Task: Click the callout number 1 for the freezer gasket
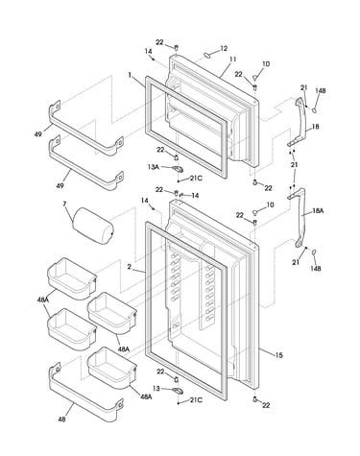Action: click(x=130, y=75)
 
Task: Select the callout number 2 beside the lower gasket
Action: click(x=129, y=267)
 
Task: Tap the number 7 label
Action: click(x=65, y=203)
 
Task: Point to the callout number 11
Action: click(x=232, y=60)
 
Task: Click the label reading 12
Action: click(x=224, y=48)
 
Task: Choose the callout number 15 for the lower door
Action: click(x=279, y=355)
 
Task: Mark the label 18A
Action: click(x=318, y=211)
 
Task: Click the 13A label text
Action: click(x=154, y=167)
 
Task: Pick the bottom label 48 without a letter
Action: click(x=61, y=420)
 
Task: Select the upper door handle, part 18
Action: click(x=300, y=123)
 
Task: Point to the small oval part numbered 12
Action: click(x=207, y=56)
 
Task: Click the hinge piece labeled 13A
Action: click(x=177, y=168)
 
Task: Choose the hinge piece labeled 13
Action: click(x=177, y=390)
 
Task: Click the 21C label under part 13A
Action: click(x=196, y=179)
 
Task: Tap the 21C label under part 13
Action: click(x=196, y=400)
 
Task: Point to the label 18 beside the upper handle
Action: click(x=315, y=127)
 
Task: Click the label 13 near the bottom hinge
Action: click(x=156, y=389)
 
